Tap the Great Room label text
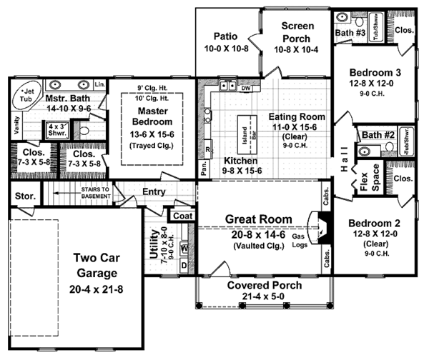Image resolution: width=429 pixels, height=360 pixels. [258, 219]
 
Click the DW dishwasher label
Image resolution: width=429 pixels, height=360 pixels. [246, 89]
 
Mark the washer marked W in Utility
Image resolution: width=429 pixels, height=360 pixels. [183, 249]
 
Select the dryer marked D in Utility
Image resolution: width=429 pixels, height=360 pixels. [183, 266]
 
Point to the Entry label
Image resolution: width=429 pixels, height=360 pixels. [154, 191]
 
